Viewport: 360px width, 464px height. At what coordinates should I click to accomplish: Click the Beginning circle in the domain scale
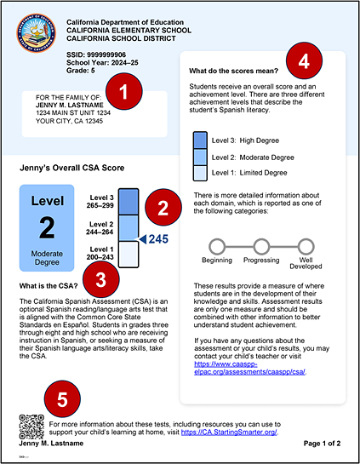point(217,246)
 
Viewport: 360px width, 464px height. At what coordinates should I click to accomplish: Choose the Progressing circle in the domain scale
point(260,246)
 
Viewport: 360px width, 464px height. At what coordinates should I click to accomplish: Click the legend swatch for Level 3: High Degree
point(200,140)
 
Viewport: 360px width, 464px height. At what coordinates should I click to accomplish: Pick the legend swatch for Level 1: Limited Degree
point(200,172)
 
